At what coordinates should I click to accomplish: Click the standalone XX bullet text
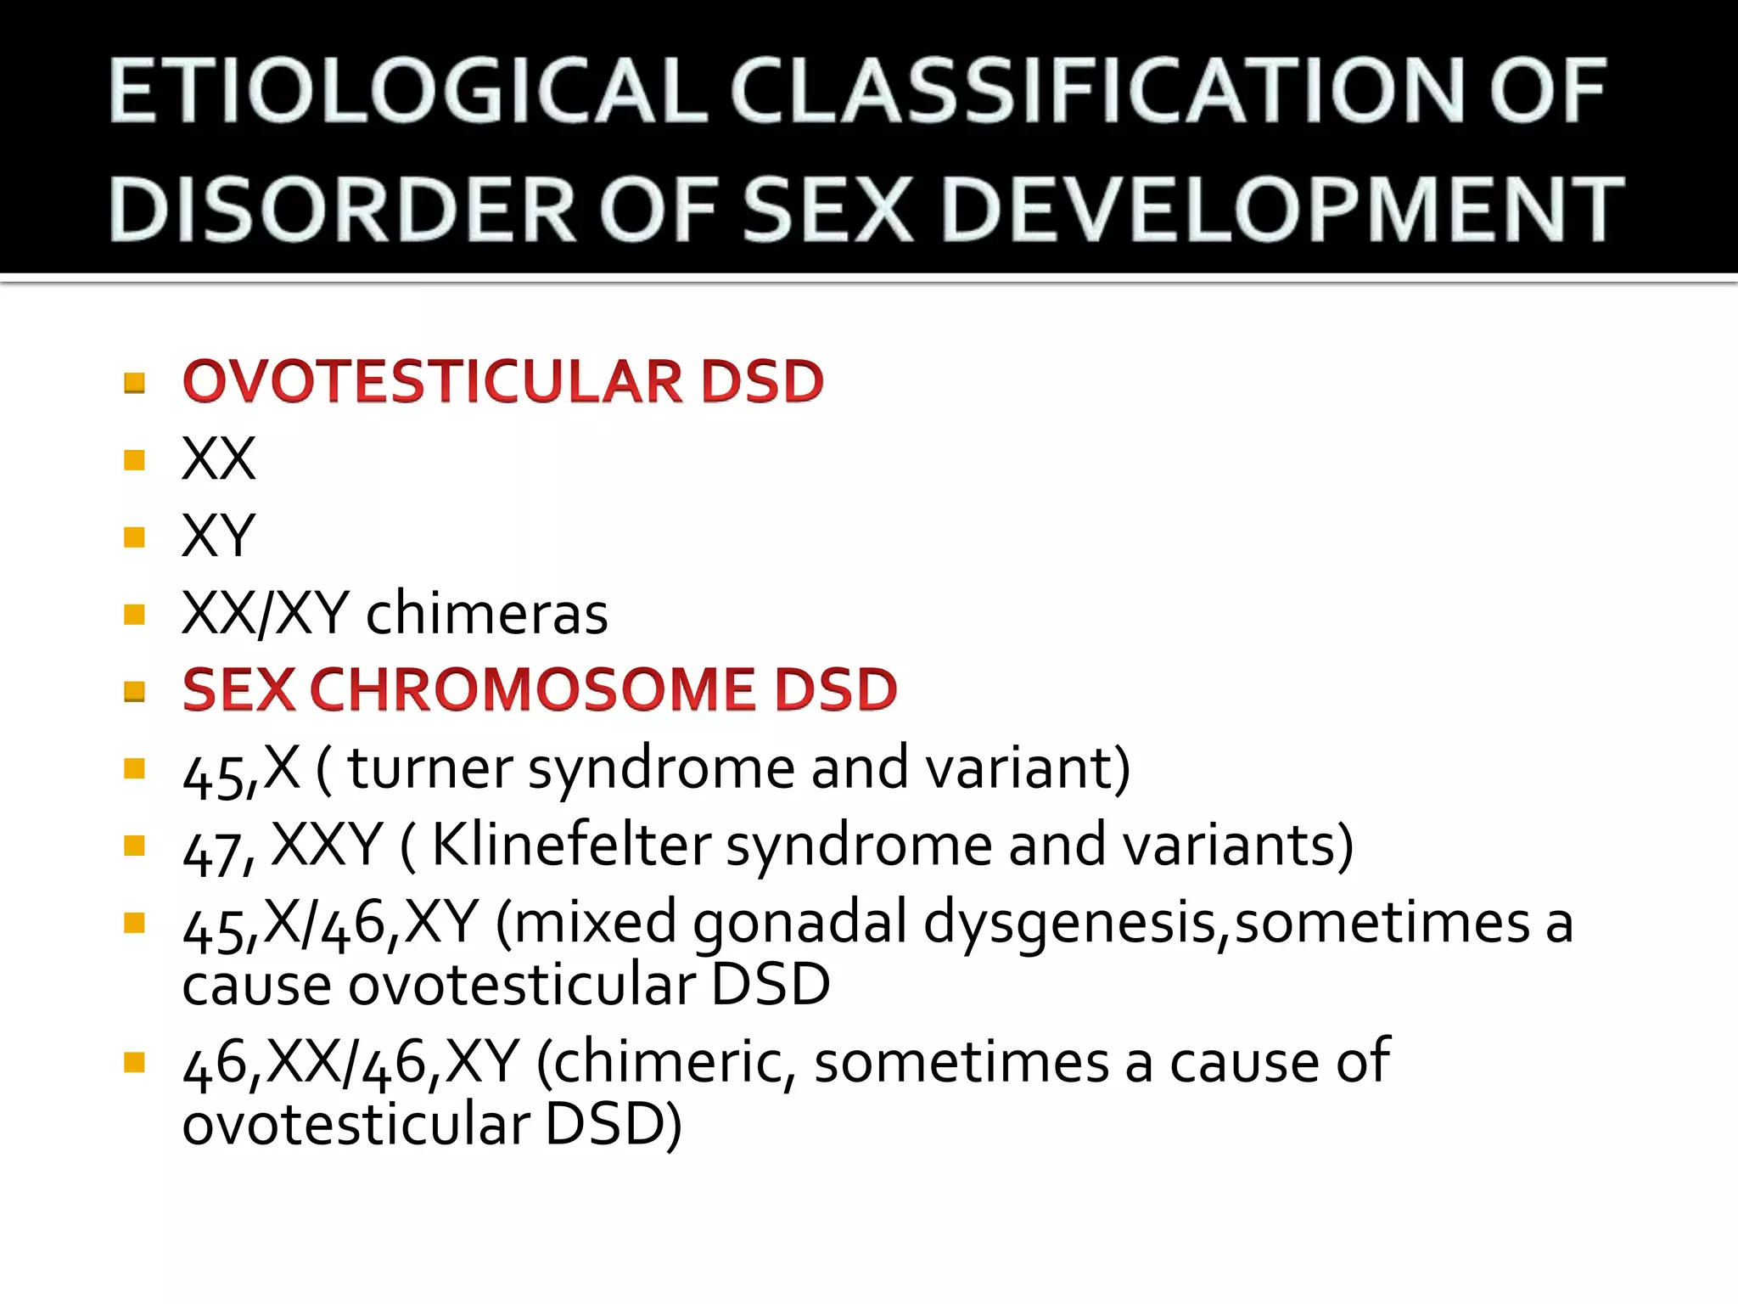pos(218,459)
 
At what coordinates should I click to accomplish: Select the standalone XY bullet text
pos(218,537)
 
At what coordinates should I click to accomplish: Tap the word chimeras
pos(486,613)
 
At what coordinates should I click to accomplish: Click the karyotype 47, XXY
pos(283,846)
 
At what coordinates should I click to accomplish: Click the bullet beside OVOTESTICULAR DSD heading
pos(134,383)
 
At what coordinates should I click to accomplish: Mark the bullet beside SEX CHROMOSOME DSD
pos(134,691)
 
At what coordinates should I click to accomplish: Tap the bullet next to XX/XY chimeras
pos(134,614)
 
